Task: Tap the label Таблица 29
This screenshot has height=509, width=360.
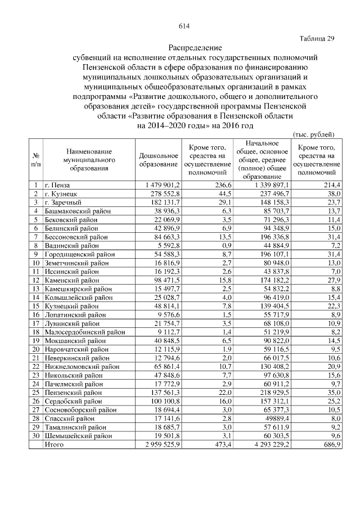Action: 317,38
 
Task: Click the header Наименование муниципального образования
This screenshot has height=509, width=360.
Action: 89,159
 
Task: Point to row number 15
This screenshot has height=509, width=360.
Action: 36,306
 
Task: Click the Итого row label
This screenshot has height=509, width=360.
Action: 55,445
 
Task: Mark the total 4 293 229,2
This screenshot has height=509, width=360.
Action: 267,445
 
